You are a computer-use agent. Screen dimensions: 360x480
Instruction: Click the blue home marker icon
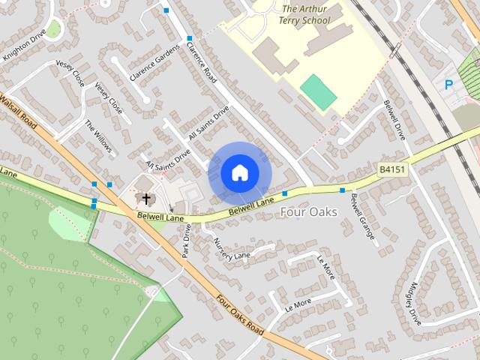click(239, 173)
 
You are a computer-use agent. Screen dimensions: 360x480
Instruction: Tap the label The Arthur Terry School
click(305, 15)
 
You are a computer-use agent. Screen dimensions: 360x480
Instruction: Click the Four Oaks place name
click(307, 212)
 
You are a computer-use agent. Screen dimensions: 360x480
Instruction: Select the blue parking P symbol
click(448, 85)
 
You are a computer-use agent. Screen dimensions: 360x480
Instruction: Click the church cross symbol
click(145, 199)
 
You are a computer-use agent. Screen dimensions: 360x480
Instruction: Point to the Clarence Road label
click(201, 63)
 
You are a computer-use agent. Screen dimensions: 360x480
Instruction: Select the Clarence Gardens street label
click(155, 63)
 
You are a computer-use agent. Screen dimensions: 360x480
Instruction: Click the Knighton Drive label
click(24, 44)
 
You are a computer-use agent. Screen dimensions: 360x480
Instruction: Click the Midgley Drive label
click(412, 301)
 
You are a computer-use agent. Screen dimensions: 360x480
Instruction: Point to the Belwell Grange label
click(362, 216)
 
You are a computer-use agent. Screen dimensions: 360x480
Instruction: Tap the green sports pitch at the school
click(318, 91)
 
